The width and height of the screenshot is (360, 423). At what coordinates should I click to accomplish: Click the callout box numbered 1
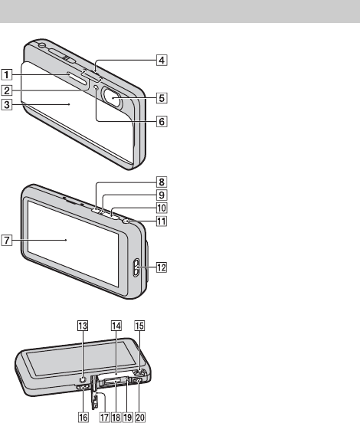[x=7, y=74]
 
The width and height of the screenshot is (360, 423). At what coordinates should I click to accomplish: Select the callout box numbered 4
[x=162, y=60]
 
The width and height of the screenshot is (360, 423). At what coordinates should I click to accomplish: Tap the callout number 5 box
[x=162, y=98]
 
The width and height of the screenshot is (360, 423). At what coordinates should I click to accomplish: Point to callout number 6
[x=162, y=121]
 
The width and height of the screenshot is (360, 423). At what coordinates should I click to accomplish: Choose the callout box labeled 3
[x=7, y=104]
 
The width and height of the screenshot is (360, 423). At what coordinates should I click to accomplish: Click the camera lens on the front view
[x=112, y=98]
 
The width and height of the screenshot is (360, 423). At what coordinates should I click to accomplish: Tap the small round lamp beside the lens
[x=97, y=87]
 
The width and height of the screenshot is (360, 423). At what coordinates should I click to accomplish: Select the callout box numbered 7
[x=7, y=240]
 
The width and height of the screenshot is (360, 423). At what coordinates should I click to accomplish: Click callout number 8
[x=162, y=182]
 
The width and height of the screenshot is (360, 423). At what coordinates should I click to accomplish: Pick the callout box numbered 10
[x=162, y=208]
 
